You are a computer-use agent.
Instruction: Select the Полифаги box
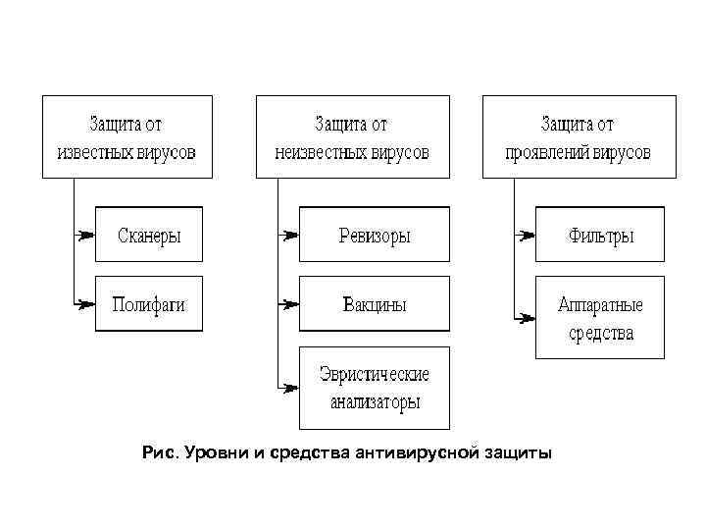pyautogui.click(x=149, y=303)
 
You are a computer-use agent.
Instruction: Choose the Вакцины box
pyautogui.click(x=375, y=303)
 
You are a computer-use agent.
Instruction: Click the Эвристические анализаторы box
pyautogui.click(x=375, y=388)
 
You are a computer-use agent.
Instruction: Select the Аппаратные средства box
pyautogui.click(x=600, y=318)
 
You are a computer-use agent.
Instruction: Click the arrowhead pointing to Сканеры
pyautogui.click(x=87, y=235)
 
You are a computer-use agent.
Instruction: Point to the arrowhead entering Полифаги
pyautogui.click(x=87, y=304)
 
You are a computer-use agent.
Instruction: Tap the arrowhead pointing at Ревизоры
pyautogui.click(x=290, y=235)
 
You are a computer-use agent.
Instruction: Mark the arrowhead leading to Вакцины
pyautogui.click(x=290, y=304)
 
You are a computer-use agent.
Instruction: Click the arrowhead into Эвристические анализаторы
pyautogui.click(x=290, y=388)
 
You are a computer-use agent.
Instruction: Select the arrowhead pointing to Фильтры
pyautogui.click(x=527, y=235)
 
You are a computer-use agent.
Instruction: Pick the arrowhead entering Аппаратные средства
pyautogui.click(x=527, y=318)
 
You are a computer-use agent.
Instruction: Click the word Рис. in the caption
pyautogui.click(x=159, y=452)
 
